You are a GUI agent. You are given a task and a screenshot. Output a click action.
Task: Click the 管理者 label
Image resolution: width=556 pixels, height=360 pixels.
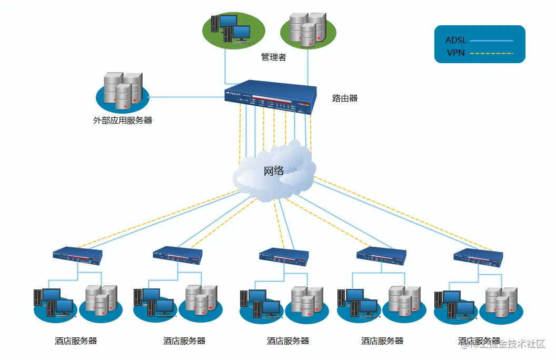pyautogui.click(x=274, y=57)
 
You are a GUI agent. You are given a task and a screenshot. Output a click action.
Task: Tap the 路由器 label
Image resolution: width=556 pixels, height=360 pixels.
pyautogui.click(x=345, y=98)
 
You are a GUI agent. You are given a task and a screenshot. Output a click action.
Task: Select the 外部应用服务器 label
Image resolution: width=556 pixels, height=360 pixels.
pyautogui.click(x=123, y=120)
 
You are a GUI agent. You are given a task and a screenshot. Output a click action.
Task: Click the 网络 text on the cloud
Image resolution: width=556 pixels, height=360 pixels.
pyautogui.click(x=274, y=171)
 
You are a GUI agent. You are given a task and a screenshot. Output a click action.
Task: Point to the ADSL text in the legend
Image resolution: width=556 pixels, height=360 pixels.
pyautogui.click(x=455, y=41)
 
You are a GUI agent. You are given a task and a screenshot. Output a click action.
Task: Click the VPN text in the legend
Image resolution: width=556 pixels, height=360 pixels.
pyautogui.click(x=455, y=53)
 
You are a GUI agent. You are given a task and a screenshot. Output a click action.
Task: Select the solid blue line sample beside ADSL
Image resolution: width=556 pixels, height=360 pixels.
pyautogui.click(x=491, y=41)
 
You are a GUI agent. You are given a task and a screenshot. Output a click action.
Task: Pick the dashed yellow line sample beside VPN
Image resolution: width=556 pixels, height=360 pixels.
pyautogui.click(x=491, y=53)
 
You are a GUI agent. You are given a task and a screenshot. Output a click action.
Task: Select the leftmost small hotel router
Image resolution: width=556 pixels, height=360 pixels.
pyautogui.click(x=77, y=255)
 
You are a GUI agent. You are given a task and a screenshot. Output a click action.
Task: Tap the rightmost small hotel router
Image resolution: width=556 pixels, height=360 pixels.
pyautogui.click(x=478, y=256)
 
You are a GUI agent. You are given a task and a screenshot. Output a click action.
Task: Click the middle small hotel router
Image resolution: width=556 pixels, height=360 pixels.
pyautogui.click(x=284, y=256)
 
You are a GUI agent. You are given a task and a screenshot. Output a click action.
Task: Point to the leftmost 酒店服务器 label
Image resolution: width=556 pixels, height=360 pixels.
pyautogui.click(x=76, y=341)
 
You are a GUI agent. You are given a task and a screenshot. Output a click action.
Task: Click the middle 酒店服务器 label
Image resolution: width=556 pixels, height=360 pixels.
pyautogui.click(x=288, y=341)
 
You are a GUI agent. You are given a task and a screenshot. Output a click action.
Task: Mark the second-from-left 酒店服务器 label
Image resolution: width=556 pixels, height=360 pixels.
pyautogui.click(x=184, y=341)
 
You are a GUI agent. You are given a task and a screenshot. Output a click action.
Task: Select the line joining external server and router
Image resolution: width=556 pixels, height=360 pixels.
pyautogui.click(x=187, y=97)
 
